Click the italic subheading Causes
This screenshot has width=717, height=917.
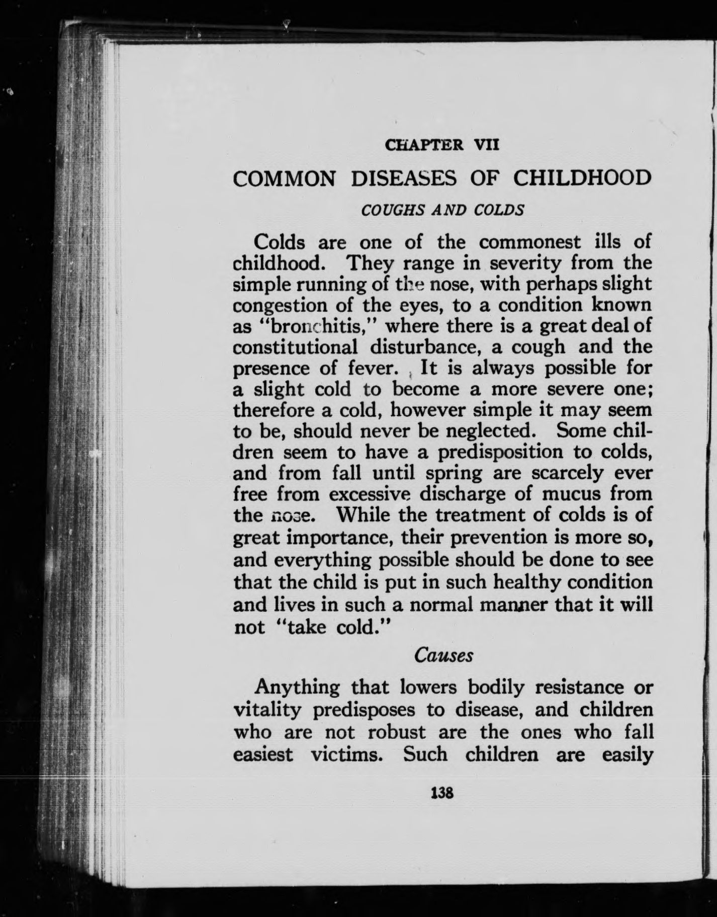(443, 656)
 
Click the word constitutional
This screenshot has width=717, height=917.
(296, 347)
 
